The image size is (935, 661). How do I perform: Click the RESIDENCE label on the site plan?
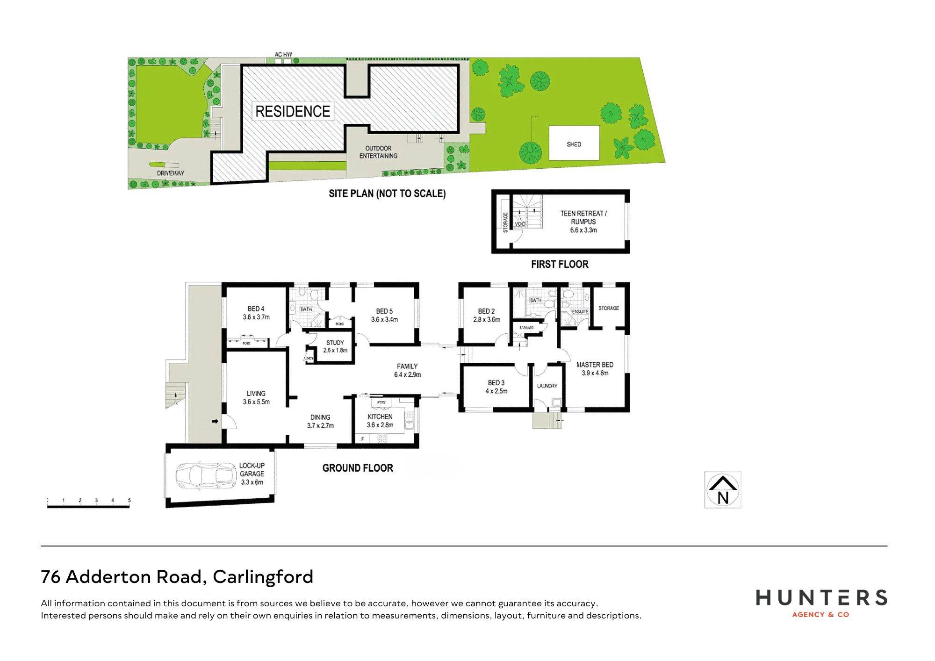coord(293,111)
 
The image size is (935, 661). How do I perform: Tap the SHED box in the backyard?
coord(574,143)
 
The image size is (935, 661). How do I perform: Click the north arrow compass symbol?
coord(723,490)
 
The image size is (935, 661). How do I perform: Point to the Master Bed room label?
coord(595,369)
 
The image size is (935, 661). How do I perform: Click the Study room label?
coord(335,346)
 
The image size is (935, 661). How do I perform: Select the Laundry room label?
coord(547,386)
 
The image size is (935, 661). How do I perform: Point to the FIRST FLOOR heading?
coord(560,265)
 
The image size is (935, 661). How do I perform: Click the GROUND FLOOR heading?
coord(358,468)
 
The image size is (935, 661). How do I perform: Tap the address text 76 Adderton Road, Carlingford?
coord(177,577)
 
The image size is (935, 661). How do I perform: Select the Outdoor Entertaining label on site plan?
coord(378,152)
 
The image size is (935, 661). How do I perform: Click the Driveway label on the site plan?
coord(171,173)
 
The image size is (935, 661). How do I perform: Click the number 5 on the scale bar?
coord(129,501)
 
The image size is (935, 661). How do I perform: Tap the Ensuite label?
coord(580,311)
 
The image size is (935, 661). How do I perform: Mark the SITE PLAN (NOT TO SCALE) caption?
coord(387,194)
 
